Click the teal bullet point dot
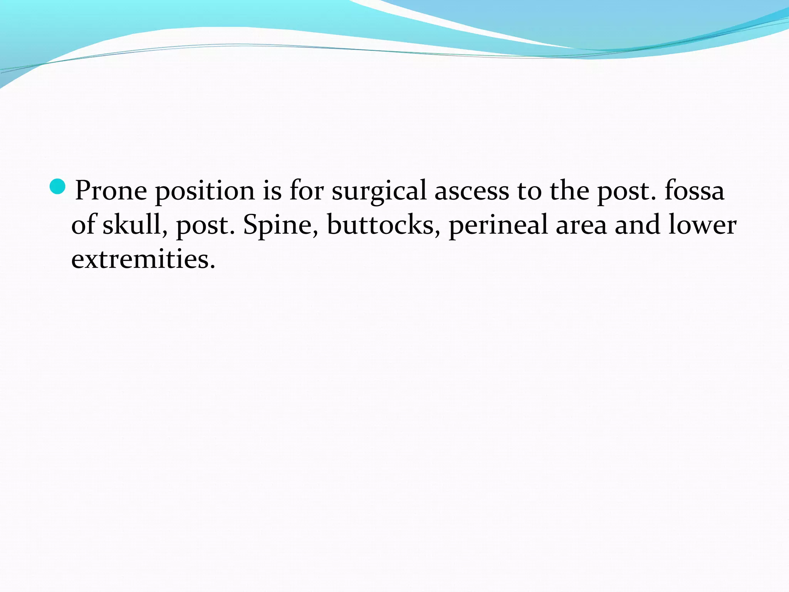coord(58,187)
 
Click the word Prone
coord(111,190)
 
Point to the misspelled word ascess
coord(472,191)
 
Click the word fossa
coord(694,190)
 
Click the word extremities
coord(143,259)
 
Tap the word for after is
coord(306,190)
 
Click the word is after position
coord(272,190)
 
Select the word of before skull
coord(83,225)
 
